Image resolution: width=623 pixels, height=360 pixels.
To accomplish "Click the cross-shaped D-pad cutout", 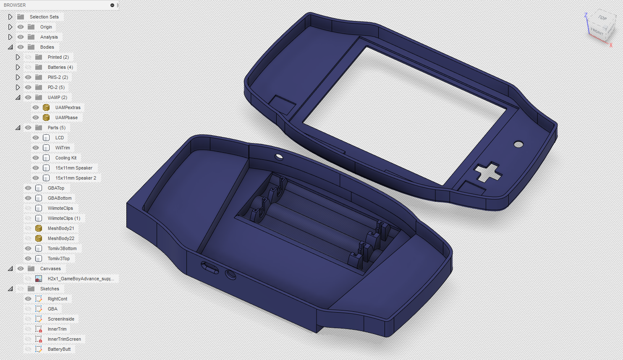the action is coord(488,172).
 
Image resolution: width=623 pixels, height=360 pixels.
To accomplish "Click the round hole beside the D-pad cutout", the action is coord(518,144).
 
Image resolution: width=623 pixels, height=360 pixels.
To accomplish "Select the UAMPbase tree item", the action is coord(66,117).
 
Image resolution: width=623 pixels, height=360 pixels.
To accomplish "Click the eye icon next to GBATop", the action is coord(28,188).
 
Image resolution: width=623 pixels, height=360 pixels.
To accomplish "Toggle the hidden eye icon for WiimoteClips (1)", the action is coord(28,218).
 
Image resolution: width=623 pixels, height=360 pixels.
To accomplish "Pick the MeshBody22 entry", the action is coord(61,238).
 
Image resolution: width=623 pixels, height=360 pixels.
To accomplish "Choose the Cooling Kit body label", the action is coord(66,158).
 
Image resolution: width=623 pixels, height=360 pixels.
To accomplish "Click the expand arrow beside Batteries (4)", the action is coord(18,67).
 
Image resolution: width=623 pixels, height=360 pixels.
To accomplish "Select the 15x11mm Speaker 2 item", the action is coord(76,178).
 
